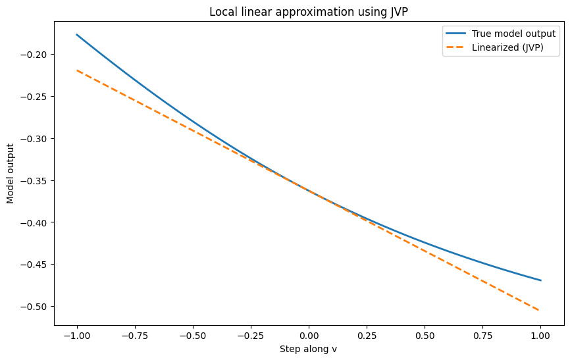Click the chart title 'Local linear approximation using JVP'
(309, 12)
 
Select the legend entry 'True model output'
(513, 34)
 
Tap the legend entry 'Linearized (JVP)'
(507, 47)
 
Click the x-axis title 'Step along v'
(309, 349)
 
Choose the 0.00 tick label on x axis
(309, 334)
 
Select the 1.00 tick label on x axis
(540, 334)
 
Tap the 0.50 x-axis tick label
(425, 334)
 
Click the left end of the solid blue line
(77, 34)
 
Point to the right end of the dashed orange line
(540, 311)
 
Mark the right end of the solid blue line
(540, 280)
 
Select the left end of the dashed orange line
(77, 70)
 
